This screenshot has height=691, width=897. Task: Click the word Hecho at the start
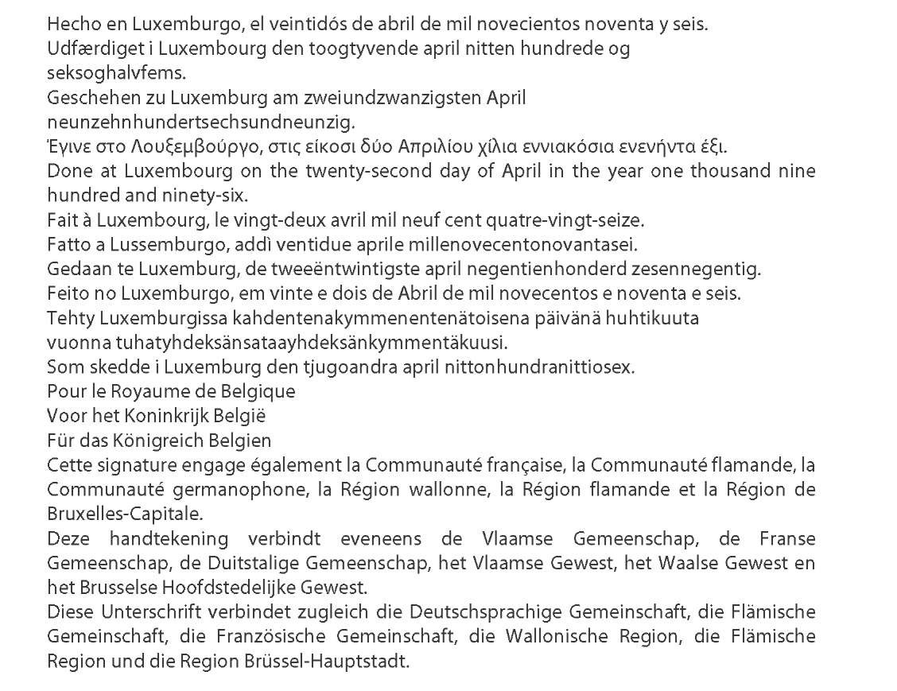68,24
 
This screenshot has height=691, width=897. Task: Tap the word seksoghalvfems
105,74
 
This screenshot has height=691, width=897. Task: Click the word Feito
64,293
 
